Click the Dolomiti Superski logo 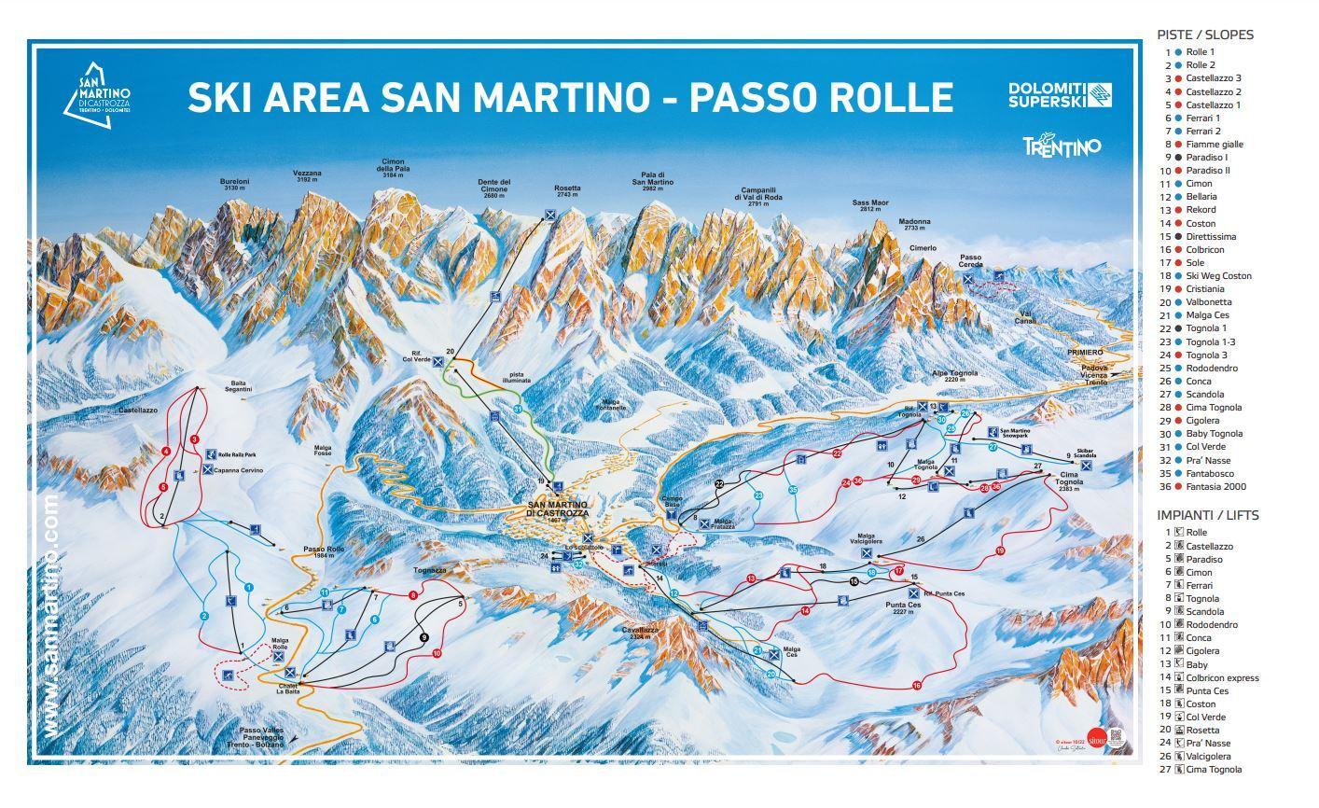point(1060,95)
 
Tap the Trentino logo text point(1062,146)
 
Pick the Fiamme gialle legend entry point(1214,145)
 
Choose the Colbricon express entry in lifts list point(1222,677)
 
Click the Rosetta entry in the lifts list point(1202,730)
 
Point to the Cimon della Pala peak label point(394,165)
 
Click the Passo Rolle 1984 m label point(324,552)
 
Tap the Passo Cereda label point(971,260)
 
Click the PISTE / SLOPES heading point(1205,35)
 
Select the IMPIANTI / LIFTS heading point(1207,515)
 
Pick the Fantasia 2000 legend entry point(1215,486)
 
